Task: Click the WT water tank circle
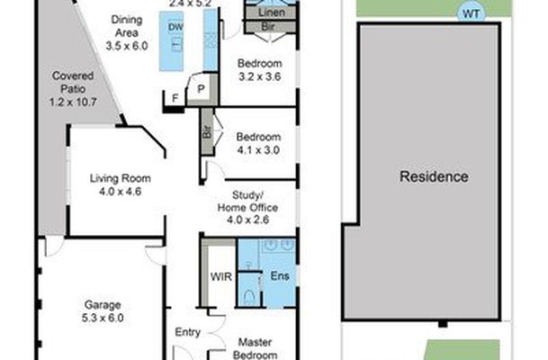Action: click(x=472, y=14)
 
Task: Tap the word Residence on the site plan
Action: click(x=434, y=176)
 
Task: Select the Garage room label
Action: click(x=103, y=305)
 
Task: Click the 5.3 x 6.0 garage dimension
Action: click(x=103, y=318)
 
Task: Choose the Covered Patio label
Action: click(x=73, y=82)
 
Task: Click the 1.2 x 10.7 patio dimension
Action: click(x=73, y=102)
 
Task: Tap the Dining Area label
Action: click(x=127, y=26)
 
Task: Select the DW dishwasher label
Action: click(x=175, y=27)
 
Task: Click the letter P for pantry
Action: click(x=201, y=89)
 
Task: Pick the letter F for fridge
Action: click(x=175, y=98)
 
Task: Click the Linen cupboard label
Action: click(x=272, y=13)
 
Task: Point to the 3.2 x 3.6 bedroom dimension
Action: click(x=260, y=76)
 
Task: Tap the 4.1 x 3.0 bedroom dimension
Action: click(x=258, y=150)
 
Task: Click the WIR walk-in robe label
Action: click(x=221, y=276)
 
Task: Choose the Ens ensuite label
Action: click(x=280, y=275)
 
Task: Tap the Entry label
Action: click(x=188, y=332)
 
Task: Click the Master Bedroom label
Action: click(x=256, y=348)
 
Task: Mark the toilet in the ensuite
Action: click(x=249, y=298)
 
